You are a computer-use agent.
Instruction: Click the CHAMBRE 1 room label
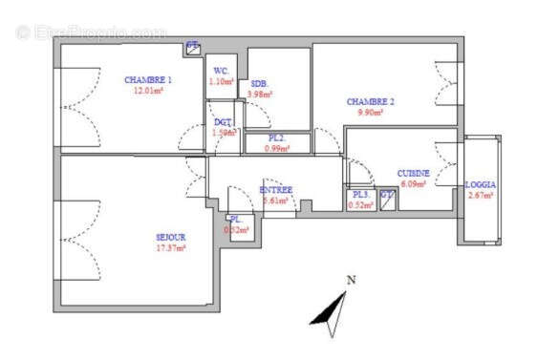pyautogui.click(x=148, y=79)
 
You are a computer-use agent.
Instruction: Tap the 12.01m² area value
pyautogui.click(x=148, y=91)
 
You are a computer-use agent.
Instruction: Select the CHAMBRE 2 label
pyautogui.click(x=370, y=101)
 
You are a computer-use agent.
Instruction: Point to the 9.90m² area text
pyautogui.click(x=370, y=112)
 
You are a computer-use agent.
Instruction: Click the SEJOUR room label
pyautogui.click(x=171, y=237)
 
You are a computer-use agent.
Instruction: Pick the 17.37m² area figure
pyautogui.click(x=171, y=247)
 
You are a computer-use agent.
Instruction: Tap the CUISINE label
pyautogui.click(x=414, y=173)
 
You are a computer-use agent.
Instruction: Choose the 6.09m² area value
pyautogui.click(x=414, y=183)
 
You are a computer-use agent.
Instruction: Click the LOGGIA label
pyautogui.click(x=480, y=184)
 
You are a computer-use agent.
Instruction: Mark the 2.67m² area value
pyautogui.click(x=480, y=195)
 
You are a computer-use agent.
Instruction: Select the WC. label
pyautogui.click(x=220, y=71)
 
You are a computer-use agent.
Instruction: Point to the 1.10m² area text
pyautogui.click(x=221, y=81)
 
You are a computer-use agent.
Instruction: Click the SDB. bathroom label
pyautogui.click(x=259, y=84)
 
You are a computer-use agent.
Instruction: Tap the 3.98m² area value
pyautogui.click(x=260, y=95)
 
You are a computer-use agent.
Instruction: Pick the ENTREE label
pyautogui.click(x=276, y=190)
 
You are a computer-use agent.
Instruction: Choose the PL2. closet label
pyautogui.click(x=276, y=138)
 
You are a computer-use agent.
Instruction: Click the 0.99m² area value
pyautogui.click(x=276, y=149)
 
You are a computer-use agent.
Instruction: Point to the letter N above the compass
pyautogui.click(x=351, y=280)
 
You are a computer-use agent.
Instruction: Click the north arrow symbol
pyautogui.click(x=332, y=312)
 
